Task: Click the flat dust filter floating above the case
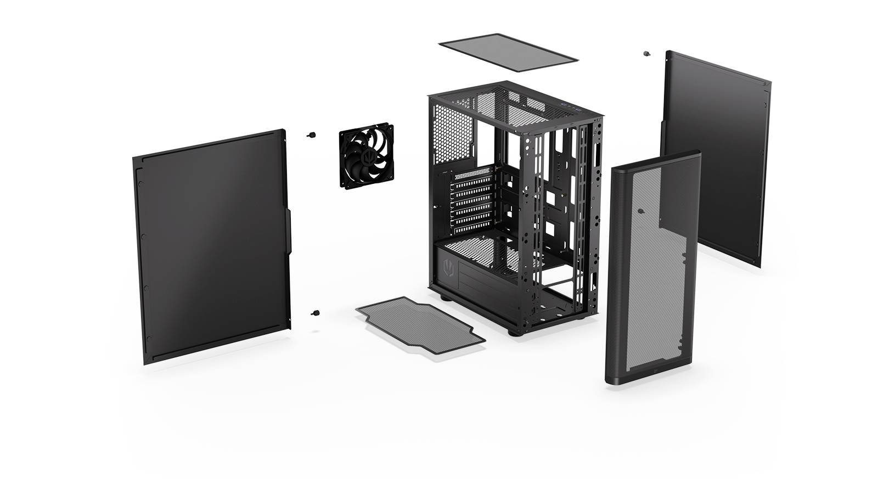pos(509,52)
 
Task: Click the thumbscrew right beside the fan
pos(313,134)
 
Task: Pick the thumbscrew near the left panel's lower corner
pos(316,313)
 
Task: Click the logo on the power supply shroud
pos(446,268)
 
